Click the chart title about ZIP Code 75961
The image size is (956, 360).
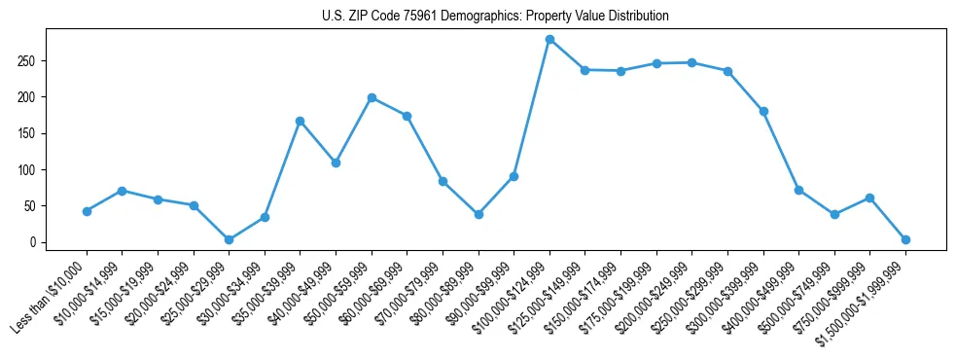point(495,17)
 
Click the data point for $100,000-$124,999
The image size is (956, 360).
point(549,39)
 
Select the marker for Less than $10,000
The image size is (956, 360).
point(87,211)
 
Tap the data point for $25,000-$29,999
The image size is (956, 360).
point(229,239)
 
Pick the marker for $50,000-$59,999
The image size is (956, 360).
point(372,97)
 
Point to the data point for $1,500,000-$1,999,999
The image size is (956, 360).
point(905,239)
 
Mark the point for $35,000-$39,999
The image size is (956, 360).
point(300,121)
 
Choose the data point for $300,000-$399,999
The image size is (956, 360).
point(763,111)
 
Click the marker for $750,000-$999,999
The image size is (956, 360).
point(869,198)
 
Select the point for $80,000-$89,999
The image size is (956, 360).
point(478,214)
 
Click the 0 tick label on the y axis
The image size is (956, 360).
point(34,242)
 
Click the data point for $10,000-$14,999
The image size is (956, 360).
point(122,191)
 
